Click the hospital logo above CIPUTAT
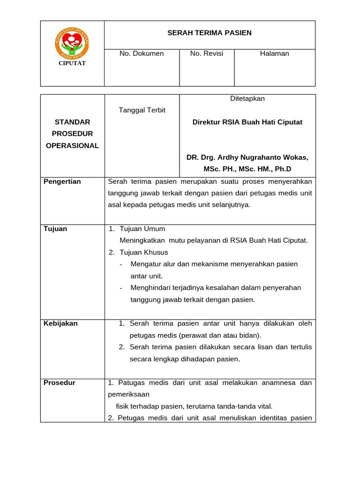pos(72,44)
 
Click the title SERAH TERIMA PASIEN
pos(210,33)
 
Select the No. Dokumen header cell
pos(142,53)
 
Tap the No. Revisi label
pos(207,53)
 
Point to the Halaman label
pos(274,53)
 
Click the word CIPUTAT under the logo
pos(72,63)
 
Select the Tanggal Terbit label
pos(142,110)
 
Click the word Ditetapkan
pos(247,98)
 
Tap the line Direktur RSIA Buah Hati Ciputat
pos(247,122)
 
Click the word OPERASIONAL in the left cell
pos(72,145)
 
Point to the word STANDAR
pos(72,122)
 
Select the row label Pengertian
pos(62,181)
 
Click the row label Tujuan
pos(55,229)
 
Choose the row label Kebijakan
pos(60,323)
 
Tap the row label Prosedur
pos(59,382)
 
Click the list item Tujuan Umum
pos(142,229)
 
